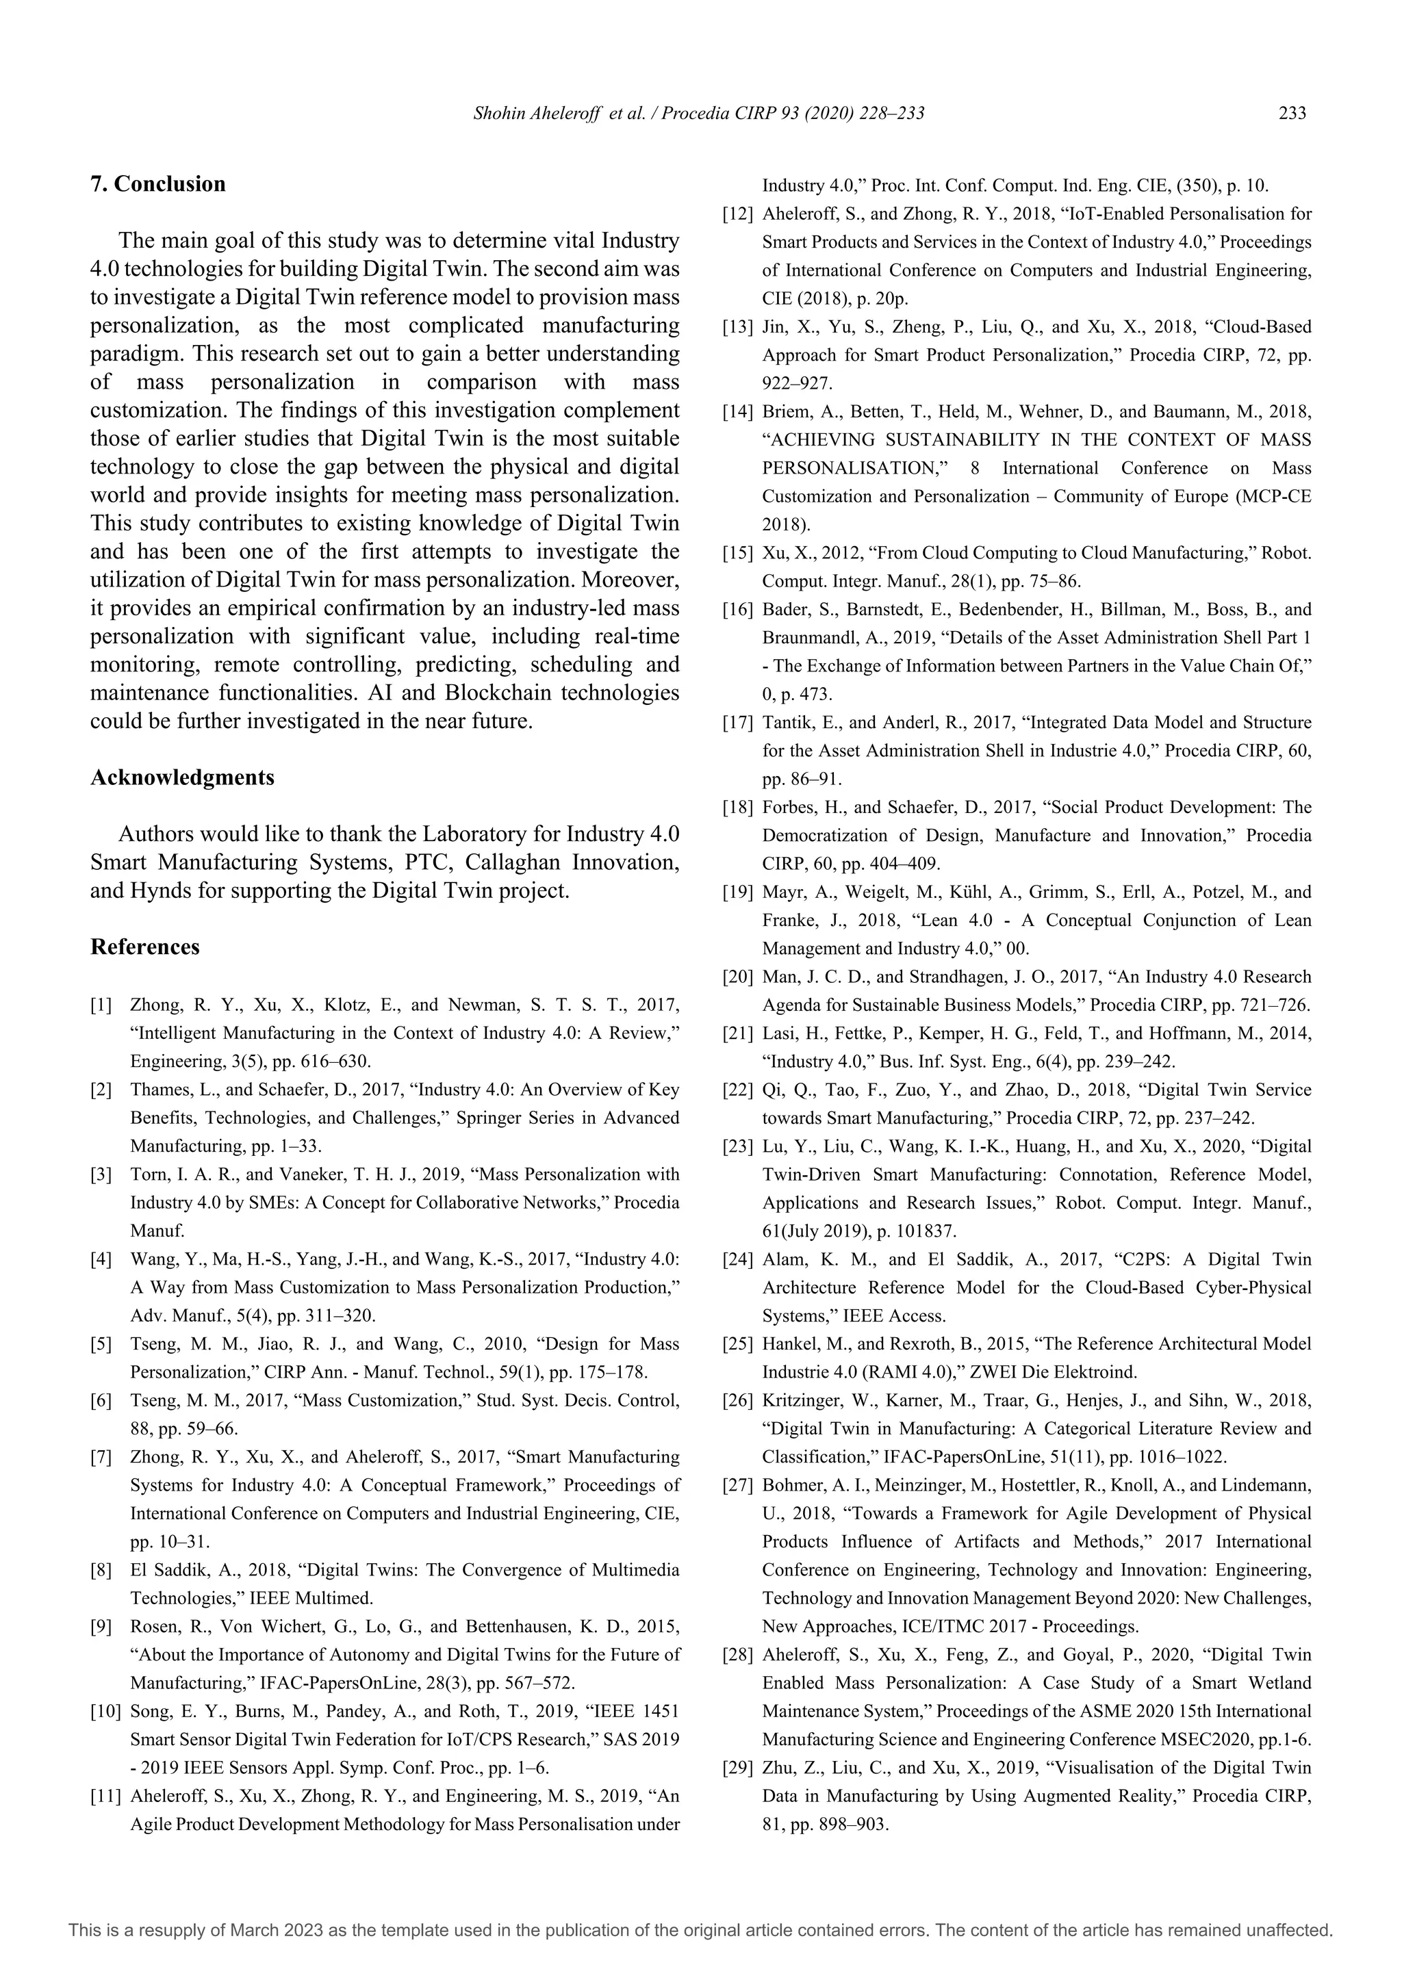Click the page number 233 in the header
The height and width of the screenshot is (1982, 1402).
[1292, 113]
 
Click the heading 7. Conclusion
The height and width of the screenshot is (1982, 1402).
[158, 184]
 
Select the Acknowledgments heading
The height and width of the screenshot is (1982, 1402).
[182, 777]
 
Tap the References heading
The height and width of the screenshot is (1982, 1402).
[145, 947]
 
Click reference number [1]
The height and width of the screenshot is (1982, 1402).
[101, 1005]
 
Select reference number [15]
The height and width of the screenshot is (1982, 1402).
[738, 552]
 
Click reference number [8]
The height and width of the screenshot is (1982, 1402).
[101, 1570]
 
